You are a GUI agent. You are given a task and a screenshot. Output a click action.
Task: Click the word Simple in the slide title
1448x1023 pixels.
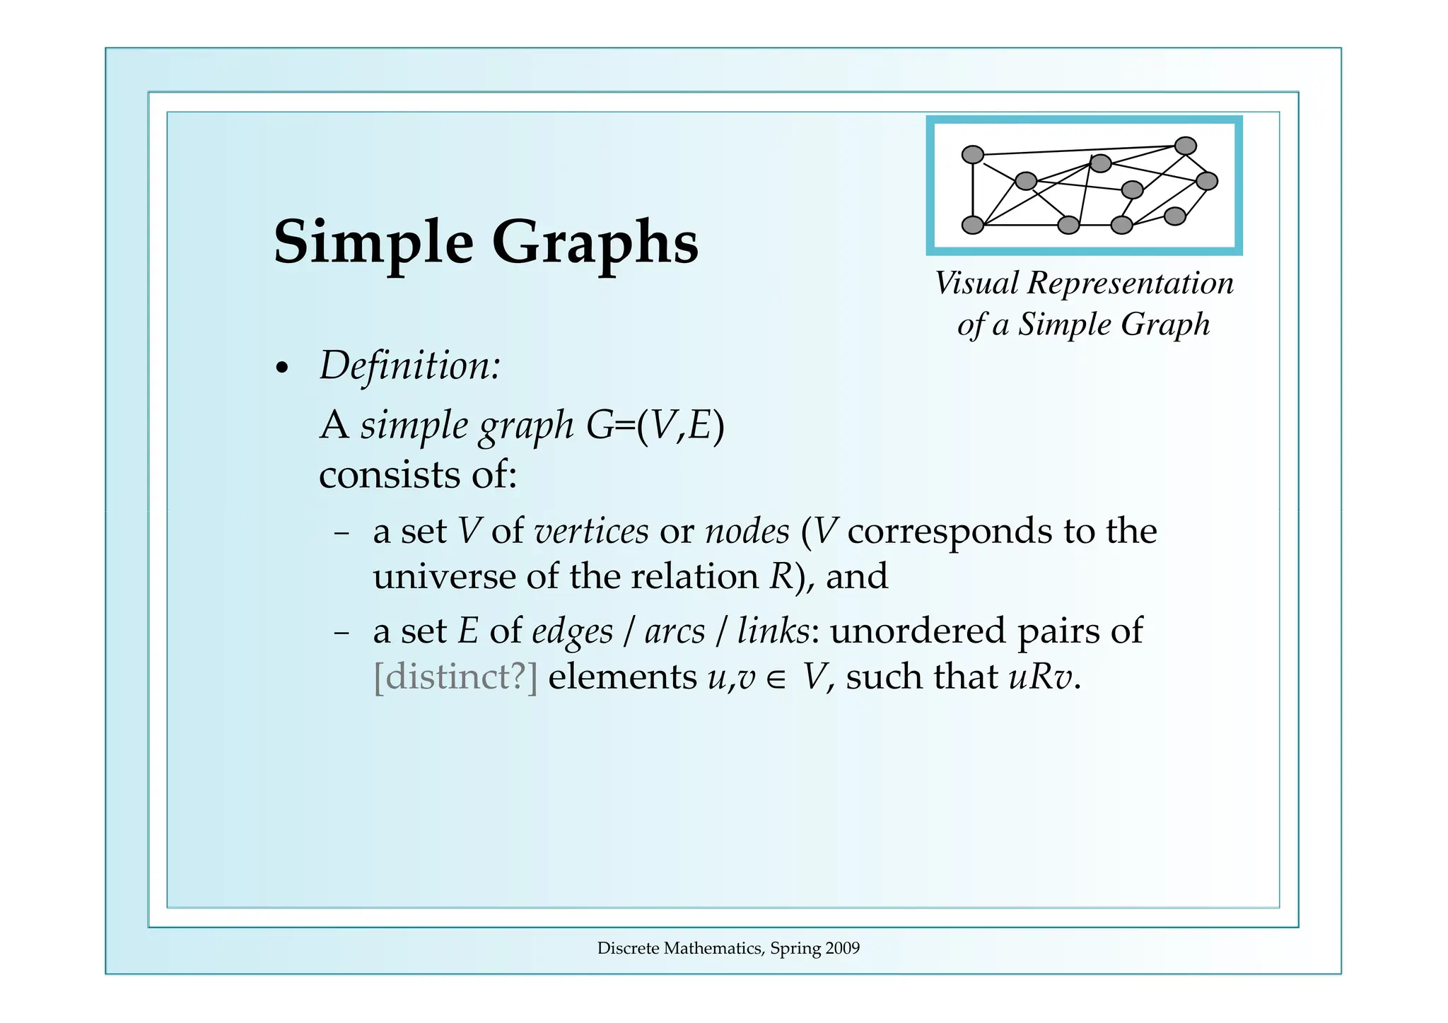(373, 242)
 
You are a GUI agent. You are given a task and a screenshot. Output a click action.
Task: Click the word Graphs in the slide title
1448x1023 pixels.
(595, 242)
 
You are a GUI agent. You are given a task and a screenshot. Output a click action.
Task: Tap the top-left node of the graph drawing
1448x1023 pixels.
(973, 154)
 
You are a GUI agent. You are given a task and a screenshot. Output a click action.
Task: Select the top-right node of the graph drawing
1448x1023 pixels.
(1185, 146)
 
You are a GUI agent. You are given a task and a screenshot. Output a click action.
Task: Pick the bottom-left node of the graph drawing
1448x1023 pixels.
(973, 225)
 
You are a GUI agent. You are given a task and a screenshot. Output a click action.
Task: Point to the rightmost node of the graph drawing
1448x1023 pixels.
(1206, 181)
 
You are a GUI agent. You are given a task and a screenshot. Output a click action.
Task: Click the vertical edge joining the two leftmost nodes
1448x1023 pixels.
(973, 189)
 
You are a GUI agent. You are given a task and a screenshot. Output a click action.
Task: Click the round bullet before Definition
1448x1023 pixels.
(283, 368)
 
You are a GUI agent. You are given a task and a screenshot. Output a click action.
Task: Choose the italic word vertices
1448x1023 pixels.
(591, 531)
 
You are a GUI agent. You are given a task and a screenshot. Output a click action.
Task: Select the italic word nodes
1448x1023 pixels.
(747, 531)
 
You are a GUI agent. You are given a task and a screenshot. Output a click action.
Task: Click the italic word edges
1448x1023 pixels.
(572, 631)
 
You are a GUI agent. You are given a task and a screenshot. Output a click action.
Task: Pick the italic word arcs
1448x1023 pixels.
(675, 631)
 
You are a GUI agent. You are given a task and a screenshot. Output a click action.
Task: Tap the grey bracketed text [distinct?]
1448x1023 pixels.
(455, 677)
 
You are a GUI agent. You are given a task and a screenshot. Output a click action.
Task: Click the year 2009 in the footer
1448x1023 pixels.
(843, 948)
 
